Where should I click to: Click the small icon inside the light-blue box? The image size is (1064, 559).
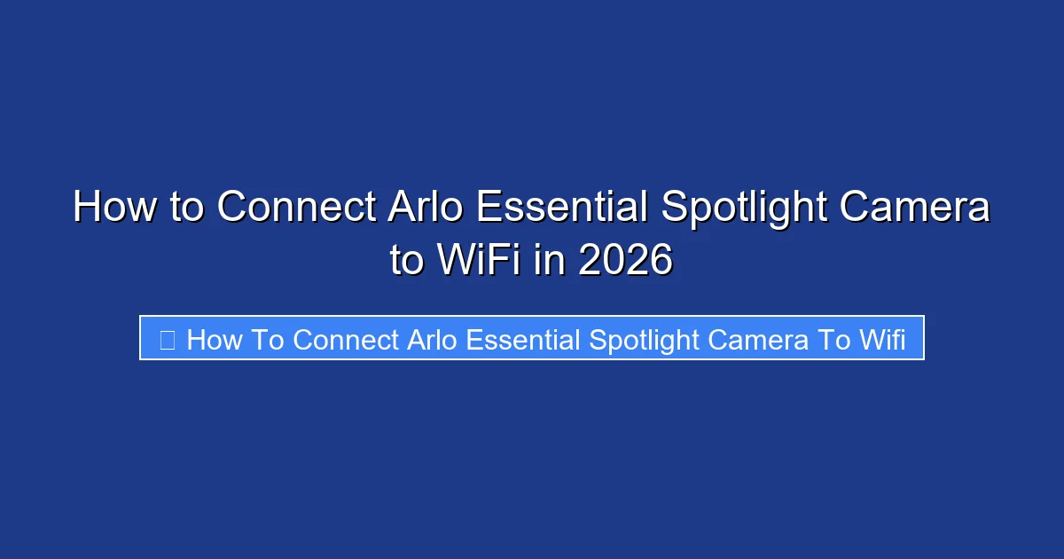(167, 339)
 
